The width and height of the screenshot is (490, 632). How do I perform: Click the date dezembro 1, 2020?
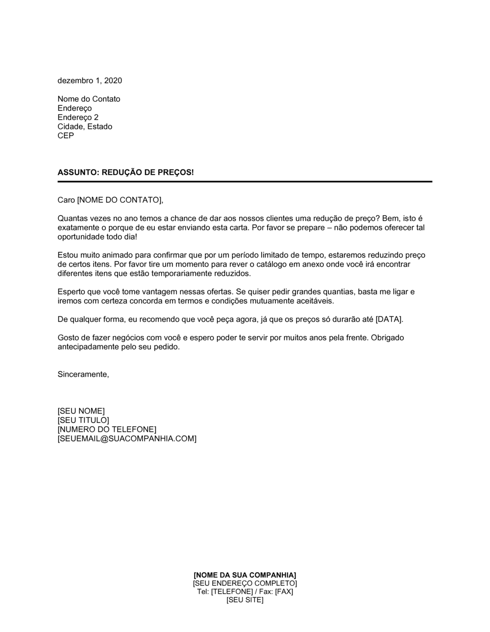tap(90, 80)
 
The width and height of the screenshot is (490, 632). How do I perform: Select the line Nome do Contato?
tap(89, 99)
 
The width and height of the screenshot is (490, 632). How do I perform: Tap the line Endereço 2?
tap(78, 117)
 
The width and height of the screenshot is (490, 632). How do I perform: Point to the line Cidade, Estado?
tap(85, 126)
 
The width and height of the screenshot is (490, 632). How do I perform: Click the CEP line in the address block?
tap(66, 136)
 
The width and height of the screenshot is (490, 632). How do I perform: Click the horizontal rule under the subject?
tap(245, 182)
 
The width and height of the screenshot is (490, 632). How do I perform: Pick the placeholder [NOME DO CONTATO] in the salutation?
tap(119, 200)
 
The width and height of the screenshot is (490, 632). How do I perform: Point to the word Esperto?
tap(72, 292)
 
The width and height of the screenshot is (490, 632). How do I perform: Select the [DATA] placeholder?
tap(389, 319)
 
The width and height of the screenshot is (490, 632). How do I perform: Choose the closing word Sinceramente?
tap(83, 374)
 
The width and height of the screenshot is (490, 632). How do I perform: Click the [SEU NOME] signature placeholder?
tap(81, 411)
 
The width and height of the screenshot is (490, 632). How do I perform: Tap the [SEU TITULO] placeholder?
tap(83, 420)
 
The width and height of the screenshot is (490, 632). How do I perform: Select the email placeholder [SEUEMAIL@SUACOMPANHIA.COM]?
tap(127, 438)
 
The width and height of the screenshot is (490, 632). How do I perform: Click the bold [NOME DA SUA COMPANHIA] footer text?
tap(245, 575)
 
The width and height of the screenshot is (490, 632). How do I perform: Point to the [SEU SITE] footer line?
tap(245, 600)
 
